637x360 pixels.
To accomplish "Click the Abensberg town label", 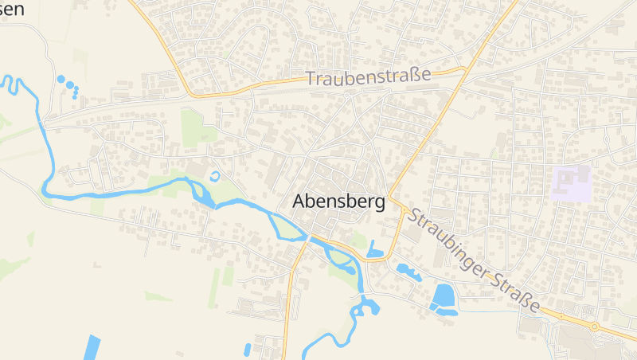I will point(338,202).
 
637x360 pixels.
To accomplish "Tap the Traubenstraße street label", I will point(368,77).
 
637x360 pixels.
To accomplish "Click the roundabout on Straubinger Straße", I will point(594,326).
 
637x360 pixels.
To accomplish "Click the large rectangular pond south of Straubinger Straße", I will point(441,295).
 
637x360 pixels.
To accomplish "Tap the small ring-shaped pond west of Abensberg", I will point(213,175).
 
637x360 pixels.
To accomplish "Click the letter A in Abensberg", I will point(299,202).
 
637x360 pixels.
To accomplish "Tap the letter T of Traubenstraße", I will point(311,80).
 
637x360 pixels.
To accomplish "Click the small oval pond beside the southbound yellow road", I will point(248,348).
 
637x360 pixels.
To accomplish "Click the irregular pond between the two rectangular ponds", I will point(408,272).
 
